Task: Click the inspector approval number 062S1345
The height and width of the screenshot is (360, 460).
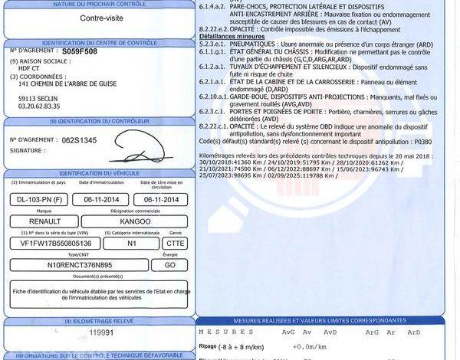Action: coord(80,140)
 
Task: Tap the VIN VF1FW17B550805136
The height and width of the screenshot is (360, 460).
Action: coord(50,243)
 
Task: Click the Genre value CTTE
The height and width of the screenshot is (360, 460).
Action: coord(174,243)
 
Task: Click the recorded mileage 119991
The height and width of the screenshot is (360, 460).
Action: coord(100,333)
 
